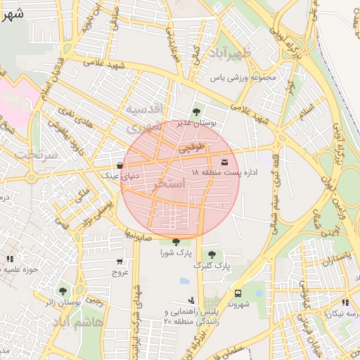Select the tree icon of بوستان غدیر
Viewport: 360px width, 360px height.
point(196,111)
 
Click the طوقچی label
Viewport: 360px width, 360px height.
point(193,148)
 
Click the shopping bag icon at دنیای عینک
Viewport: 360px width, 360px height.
point(120,166)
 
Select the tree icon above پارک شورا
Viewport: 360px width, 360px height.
point(175,242)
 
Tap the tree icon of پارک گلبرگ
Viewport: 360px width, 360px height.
point(212,254)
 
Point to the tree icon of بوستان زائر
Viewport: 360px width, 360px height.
point(63,291)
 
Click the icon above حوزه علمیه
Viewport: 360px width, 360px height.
point(9,259)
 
